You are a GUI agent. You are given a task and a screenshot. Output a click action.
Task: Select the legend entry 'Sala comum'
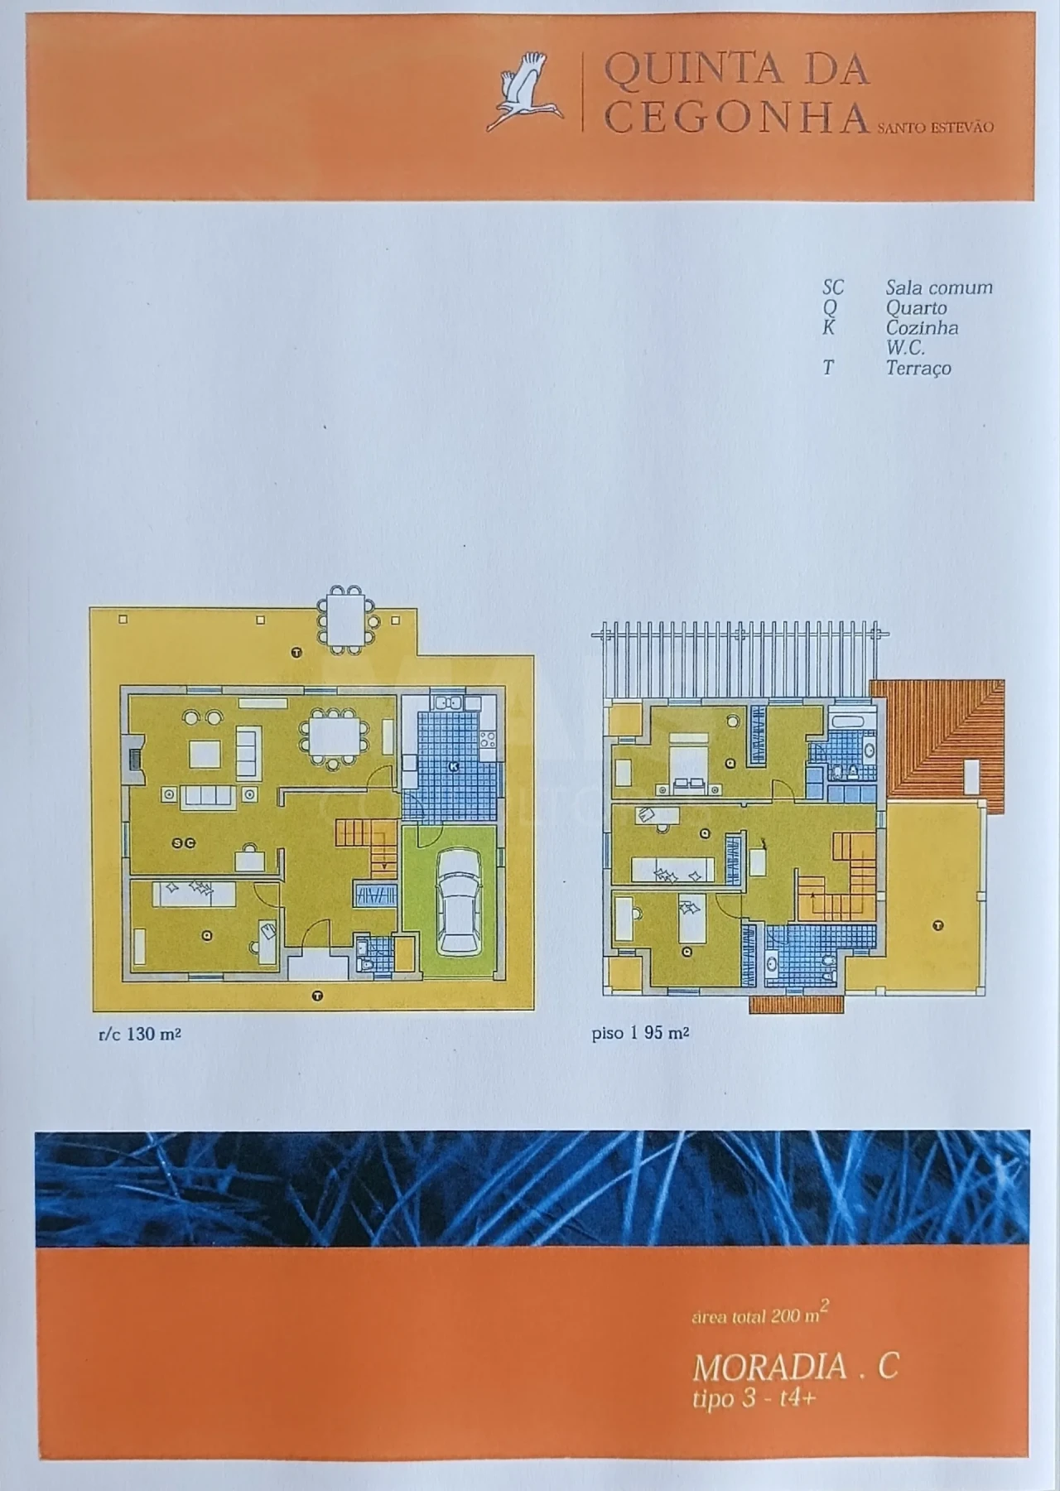[939, 287]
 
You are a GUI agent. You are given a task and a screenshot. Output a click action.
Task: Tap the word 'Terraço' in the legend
[918, 368]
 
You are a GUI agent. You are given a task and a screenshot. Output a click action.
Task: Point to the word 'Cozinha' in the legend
[922, 327]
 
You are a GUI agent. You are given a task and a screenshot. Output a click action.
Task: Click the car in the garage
[456, 900]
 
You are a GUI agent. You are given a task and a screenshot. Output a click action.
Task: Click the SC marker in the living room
[183, 842]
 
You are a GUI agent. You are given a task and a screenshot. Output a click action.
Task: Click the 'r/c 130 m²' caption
[139, 1033]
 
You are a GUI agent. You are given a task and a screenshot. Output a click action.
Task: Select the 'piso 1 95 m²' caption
[640, 1033]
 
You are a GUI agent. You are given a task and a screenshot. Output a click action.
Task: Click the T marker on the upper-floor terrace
[937, 925]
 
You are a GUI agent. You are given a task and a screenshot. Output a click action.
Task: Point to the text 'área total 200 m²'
[760, 1315]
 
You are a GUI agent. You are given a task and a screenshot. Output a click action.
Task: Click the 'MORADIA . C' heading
[795, 1366]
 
